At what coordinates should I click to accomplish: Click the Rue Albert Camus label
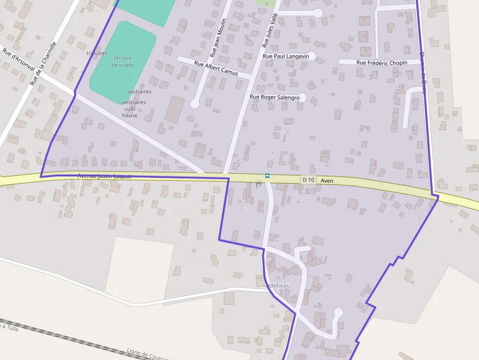point(216,68)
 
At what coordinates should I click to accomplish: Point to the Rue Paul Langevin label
point(286,56)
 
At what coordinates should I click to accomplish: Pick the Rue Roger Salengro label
point(274,97)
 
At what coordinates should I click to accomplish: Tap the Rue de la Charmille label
point(43,64)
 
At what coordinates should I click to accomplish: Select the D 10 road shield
point(308,180)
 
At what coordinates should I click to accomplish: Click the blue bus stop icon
point(267,175)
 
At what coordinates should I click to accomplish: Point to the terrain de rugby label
point(123,61)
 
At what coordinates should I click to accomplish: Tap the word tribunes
point(97,53)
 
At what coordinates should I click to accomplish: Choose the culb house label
point(130,112)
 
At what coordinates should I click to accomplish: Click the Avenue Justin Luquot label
point(105,176)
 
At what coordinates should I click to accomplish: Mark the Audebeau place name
point(276,285)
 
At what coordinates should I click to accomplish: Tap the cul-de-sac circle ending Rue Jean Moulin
point(195,104)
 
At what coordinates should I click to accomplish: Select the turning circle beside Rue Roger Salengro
point(302,97)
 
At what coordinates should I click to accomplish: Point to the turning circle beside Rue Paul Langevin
point(311,56)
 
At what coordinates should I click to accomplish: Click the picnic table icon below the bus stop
point(259,184)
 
